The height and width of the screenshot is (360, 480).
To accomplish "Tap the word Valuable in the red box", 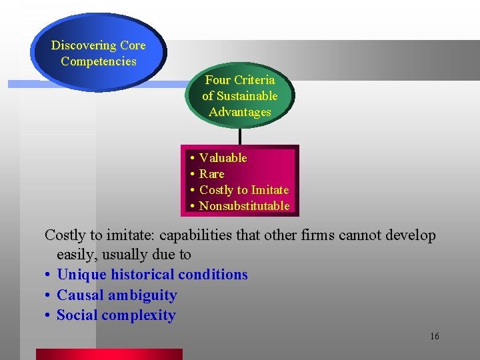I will (x=223, y=158).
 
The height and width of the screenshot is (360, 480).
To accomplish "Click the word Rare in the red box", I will (x=212, y=174).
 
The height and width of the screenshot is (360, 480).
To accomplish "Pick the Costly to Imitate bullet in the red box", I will (x=244, y=190).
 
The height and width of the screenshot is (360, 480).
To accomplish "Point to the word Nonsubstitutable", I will (x=244, y=206).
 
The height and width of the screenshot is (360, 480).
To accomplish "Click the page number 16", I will (x=435, y=336).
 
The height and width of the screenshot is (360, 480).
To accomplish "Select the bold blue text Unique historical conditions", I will (x=152, y=275).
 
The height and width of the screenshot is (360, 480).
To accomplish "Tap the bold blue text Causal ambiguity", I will (x=117, y=295).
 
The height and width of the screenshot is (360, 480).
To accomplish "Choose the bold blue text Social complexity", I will (x=116, y=315).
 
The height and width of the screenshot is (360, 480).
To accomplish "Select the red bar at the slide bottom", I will (x=109, y=354).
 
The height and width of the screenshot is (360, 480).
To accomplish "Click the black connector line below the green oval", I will (x=239, y=136).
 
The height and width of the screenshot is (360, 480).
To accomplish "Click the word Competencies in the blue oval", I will (x=99, y=61).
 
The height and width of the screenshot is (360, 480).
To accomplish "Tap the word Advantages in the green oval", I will (x=240, y=112).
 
